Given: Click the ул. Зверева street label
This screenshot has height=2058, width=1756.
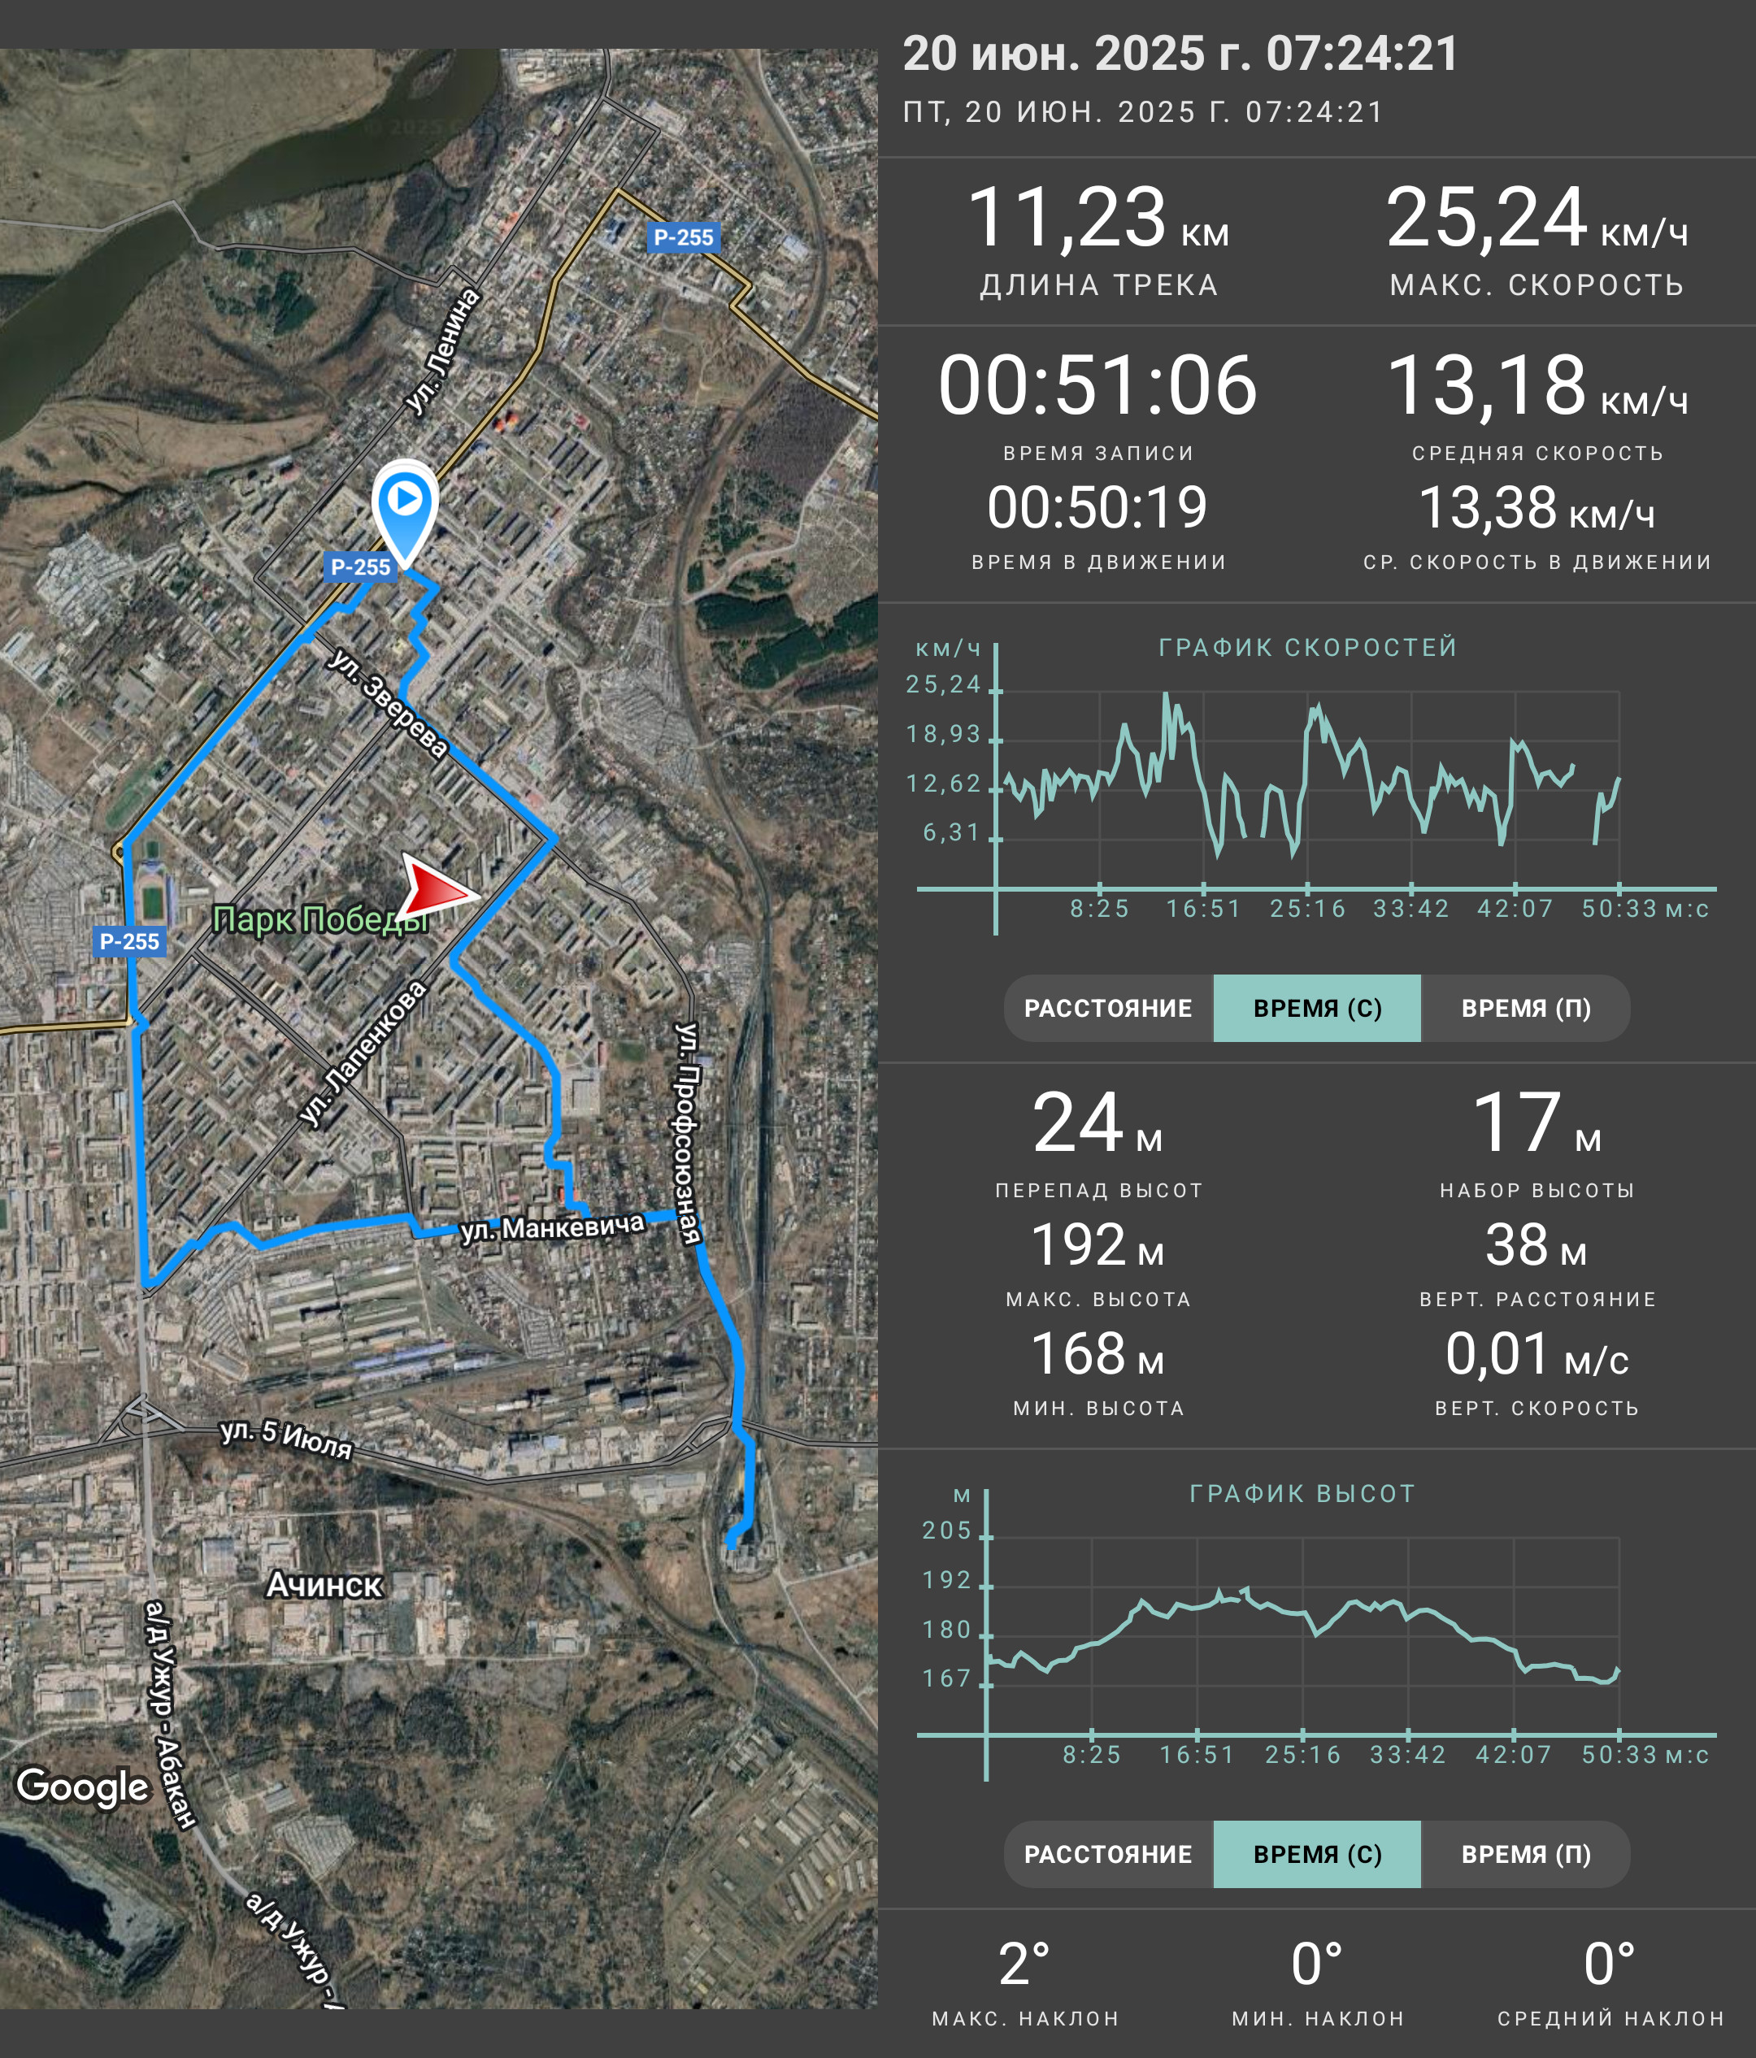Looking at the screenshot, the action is (x=389, y=703).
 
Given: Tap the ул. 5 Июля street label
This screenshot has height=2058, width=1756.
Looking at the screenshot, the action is (x=286, y=1439).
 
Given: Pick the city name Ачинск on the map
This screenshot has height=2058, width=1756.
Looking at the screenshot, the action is (x=324, y=1585).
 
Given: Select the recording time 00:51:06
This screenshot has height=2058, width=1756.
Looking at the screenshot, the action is (x=1097, y=385).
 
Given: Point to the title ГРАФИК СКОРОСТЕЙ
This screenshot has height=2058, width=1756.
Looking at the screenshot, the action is (x=1308, y=648).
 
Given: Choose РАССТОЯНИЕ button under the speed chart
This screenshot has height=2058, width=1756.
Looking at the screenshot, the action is (x=1108, y=1008).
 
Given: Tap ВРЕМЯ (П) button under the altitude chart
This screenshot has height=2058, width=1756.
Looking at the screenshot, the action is (x=1526, y=1854).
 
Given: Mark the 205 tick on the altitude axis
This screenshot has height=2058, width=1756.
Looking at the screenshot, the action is (x=946, y=1530).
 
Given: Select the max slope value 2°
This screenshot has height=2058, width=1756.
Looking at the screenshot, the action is (x=1024, y=1965).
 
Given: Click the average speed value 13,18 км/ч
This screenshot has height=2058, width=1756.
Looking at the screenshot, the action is (x=1536, y=385).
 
